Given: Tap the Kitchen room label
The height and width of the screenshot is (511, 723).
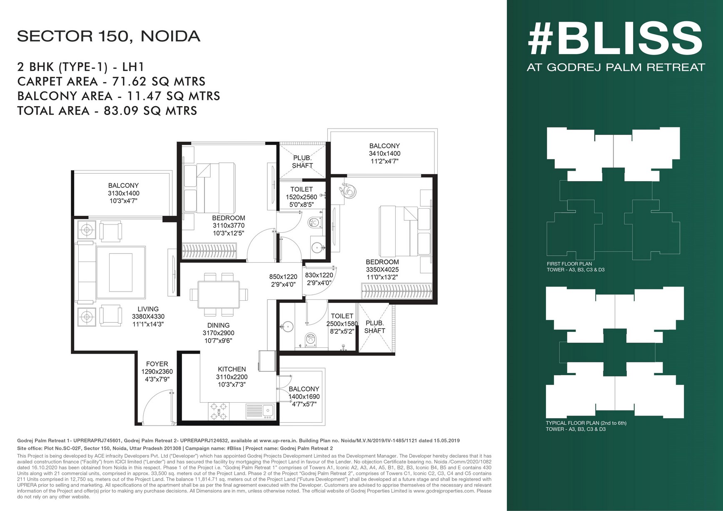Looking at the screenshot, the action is click(232, 369).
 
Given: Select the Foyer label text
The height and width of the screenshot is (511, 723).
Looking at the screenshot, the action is click(157, 364).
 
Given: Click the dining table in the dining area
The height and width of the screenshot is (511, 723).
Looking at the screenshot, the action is click(219, 294).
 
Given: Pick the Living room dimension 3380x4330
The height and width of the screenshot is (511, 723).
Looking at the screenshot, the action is click(148, 317).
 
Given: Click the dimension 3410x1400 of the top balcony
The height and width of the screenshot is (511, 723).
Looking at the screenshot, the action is click(384, 153).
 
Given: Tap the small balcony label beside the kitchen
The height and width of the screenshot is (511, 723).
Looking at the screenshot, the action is click(304, 389).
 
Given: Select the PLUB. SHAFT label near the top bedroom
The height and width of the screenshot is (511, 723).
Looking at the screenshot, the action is click(302, 162).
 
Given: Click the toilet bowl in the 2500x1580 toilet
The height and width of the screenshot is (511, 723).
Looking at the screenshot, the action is click(310, 339).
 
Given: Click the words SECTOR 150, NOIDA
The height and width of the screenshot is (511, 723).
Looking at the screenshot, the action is click(109, 36).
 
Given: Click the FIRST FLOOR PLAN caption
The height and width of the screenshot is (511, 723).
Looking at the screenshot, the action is click(569, 264).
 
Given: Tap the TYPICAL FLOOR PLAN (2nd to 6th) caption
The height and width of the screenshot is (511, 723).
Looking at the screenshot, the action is click(586, 423).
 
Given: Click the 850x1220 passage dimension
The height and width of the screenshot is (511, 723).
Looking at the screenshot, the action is click(283, 276).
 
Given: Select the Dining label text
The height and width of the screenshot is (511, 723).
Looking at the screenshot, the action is click(218, 325).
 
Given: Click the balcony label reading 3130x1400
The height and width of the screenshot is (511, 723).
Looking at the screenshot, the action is click(123, 193).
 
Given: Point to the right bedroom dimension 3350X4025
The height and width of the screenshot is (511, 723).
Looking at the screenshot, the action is click(382, 269).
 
